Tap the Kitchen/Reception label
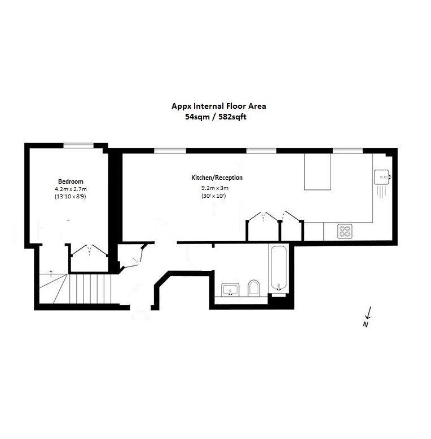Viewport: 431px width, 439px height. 217,178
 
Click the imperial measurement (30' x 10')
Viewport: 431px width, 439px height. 214,196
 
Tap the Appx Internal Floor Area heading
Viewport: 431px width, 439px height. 218,105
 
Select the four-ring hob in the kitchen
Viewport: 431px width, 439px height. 345,230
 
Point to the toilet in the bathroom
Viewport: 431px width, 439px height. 253,289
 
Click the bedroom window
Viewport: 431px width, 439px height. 78,145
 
